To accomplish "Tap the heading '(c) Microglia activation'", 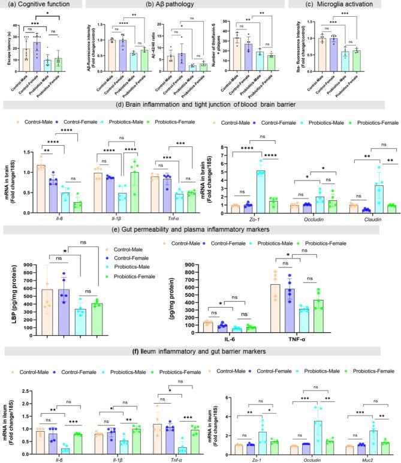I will (341, 5).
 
